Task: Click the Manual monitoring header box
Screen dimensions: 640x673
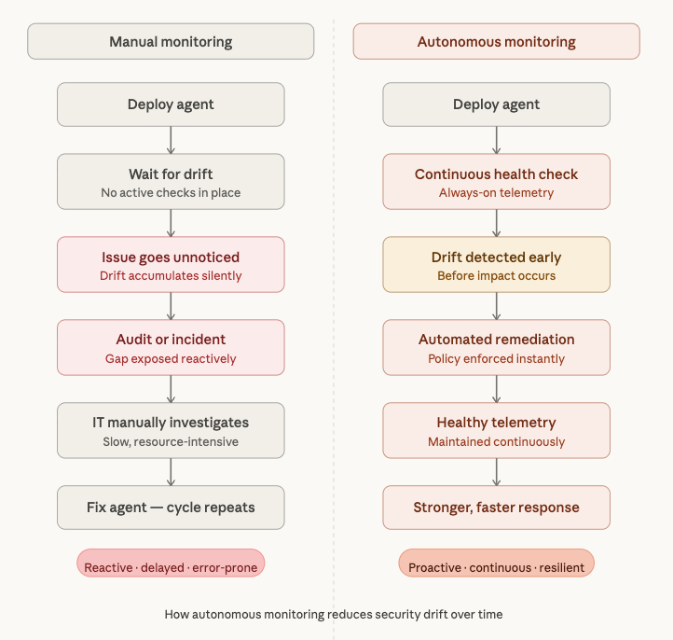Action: (x=171, y=42)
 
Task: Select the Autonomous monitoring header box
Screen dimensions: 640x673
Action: (x=496, y=42)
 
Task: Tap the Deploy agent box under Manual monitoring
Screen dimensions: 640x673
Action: (x=171, y=104)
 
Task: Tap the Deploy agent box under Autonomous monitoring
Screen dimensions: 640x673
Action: (x=496, y=104)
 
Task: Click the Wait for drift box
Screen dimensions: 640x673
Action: (x=171, y=182)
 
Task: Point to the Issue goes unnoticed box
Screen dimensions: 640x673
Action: (x=171, y=265)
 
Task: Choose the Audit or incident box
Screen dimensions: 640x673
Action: (x=171, y=348)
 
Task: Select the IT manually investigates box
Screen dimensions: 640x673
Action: (x=171, y=431)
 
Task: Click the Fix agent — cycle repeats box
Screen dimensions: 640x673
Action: (x=171, y=508)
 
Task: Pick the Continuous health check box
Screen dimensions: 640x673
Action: (x=496, y=182)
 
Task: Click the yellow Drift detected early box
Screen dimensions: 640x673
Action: (x=496, y=265)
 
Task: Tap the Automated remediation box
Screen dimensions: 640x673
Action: (x=496, y=348)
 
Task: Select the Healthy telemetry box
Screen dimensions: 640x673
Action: (x=496, y=431)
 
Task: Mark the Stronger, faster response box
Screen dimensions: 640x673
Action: (x=496, y=508)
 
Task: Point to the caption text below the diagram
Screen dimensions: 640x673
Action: (x=333, y=615)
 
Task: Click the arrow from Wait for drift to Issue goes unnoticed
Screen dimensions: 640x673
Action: (x=171, y=223)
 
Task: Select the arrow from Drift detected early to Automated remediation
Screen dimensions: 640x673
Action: (x=496, y=306)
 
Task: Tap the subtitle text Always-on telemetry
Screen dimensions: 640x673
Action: (x=496, y=193)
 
